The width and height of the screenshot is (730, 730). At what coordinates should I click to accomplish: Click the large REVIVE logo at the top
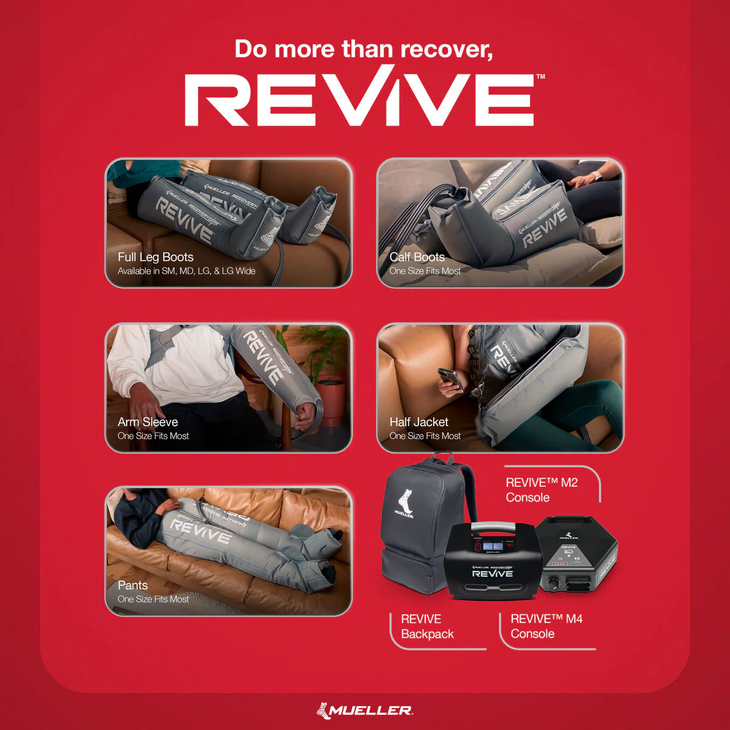(359, 100)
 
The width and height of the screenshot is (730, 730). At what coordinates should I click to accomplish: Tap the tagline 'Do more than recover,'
(363, 49)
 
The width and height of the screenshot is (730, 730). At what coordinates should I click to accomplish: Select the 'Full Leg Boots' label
(155, 257)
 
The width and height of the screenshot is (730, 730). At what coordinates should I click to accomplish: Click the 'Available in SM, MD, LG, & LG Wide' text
(186, 271)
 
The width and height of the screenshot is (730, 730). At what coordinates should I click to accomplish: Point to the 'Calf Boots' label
(417, 257)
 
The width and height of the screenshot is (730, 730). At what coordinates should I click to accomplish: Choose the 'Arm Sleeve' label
(148, 422)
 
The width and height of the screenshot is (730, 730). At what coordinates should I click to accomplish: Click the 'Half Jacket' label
(419, 422)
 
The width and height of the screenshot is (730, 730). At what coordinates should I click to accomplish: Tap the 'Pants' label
(133, 585)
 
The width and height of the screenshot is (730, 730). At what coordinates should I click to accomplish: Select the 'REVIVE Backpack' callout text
(427, 627)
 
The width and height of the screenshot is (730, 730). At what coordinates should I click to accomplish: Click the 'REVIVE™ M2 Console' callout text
(541, 490)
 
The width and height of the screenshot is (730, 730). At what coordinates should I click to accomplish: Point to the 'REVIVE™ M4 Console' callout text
(546, 626)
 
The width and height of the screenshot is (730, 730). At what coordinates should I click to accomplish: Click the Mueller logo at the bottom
(364, 710)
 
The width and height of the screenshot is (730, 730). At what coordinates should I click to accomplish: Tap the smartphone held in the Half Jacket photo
(450, 378)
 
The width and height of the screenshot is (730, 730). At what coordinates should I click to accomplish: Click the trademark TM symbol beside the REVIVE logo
(540, 77)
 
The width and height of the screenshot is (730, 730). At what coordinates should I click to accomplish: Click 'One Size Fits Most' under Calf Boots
(425, 271)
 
